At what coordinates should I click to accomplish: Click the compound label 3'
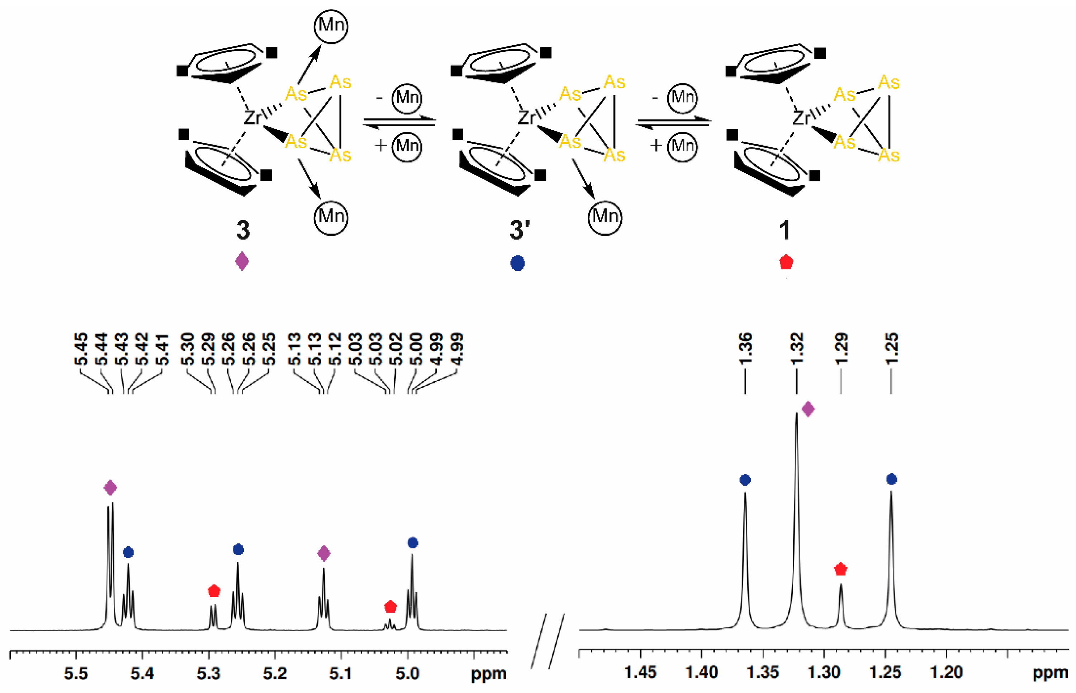[x=520, y=230]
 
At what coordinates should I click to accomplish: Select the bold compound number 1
[x=785, y=230]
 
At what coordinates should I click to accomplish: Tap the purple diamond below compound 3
[x=242, y=261]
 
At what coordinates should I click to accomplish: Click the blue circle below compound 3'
[x=517, y=263]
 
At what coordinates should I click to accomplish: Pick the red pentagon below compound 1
[x=786, y=262]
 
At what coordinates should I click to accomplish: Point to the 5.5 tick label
[x=76, y=674]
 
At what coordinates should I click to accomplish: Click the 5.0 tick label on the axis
[x=408, y=674]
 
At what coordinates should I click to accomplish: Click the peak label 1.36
[x=745, y=349]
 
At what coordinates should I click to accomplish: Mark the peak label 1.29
[x=841, y=349]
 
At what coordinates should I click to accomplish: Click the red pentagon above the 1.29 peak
[x=841, y=569]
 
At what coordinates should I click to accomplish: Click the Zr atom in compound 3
[x=252, y=118]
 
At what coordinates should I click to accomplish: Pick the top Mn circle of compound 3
[x=331, y=26]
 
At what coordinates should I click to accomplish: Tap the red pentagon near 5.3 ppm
[x=214, y=591]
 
